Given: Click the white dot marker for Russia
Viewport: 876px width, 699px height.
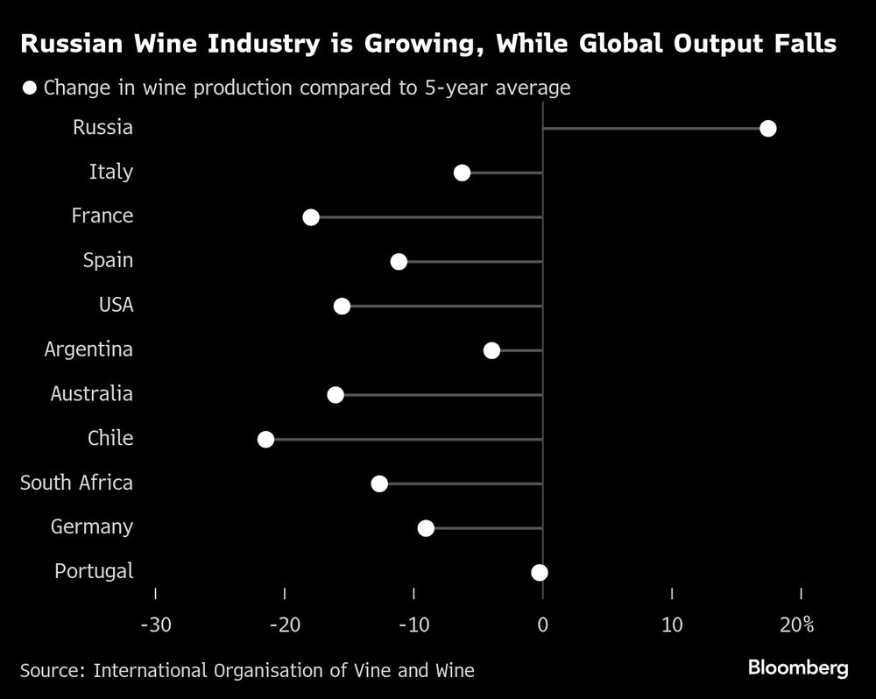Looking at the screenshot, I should [x=768, y=129].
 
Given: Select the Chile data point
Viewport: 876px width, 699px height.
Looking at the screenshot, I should [x=265, y=439].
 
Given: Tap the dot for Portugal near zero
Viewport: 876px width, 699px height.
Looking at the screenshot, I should [x=540, y=572].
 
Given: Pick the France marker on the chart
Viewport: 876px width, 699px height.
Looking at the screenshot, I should [x=311, y=217].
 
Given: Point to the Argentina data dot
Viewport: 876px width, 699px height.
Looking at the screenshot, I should [x=491, y=350].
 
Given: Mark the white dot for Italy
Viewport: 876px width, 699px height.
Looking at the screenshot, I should [x=462, y=173].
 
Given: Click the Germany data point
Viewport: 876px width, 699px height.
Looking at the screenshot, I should [x=426, y=527].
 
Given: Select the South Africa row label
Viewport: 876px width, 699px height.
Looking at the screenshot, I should [x=76, y=483].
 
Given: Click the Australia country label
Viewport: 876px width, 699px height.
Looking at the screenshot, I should [x=91, y=394].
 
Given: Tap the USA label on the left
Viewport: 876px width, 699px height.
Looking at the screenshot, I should [x=116, y=305].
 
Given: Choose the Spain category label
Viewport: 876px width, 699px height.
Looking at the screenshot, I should [x=108, y=260].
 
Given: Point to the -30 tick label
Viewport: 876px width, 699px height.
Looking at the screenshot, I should [x=155, y=625].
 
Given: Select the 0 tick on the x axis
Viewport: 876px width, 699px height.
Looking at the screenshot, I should [x=543, y=625].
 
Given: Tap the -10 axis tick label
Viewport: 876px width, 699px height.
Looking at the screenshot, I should [x=413, y=625].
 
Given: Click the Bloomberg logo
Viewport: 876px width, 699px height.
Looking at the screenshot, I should [x=798, y=668].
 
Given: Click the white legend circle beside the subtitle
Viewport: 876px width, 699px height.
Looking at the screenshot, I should [x=31, y=88].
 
